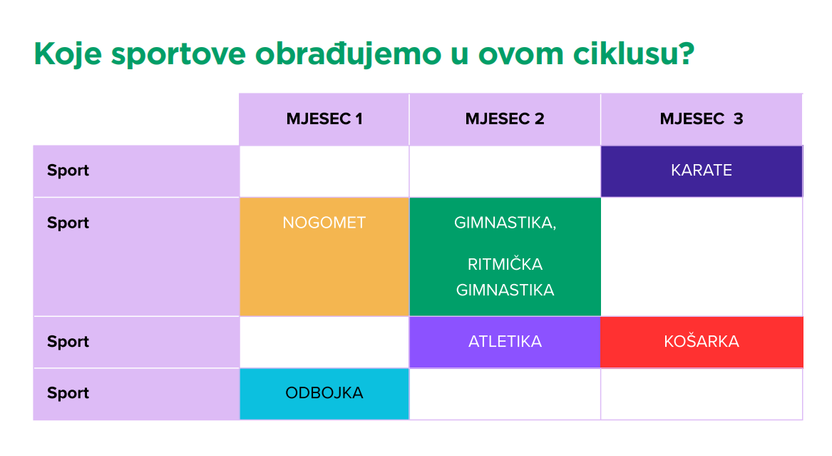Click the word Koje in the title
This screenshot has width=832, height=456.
(68, 54)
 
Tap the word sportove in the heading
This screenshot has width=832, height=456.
(178, 55)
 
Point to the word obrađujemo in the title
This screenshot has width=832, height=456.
(349, 54)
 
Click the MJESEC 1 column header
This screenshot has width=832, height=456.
(324, 119)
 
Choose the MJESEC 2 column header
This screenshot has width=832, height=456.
(505, 119)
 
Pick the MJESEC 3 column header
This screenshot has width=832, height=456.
(702, 119)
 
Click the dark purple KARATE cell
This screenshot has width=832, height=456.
(702, 171)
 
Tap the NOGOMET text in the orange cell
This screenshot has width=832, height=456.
(324, 223)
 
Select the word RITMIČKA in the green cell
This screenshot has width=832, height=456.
(505, 264)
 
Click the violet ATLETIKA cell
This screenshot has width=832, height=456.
(505, 342)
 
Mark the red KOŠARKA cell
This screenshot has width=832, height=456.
(702, 342)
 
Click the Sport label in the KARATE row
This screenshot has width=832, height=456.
(68, 171)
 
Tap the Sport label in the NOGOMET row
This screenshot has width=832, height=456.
(68, 223)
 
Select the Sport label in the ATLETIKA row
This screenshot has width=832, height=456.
(68, 341)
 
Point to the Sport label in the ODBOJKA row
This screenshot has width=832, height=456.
(68, 392)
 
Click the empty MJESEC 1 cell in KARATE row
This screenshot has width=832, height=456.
(324, 171)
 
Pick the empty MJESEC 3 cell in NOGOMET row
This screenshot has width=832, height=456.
(702, 257)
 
